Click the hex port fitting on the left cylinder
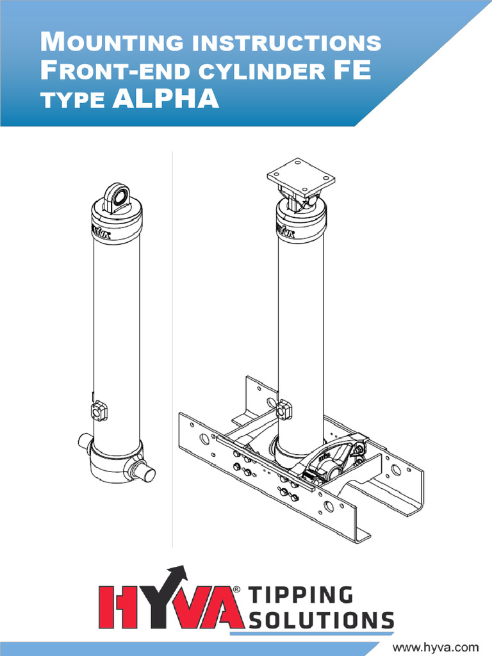pyautogui.click(x=99, y=411)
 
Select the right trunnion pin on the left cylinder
pyautogui.click(x=145, y=472)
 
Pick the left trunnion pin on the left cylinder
pyautogui.click(x=85, y=442)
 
